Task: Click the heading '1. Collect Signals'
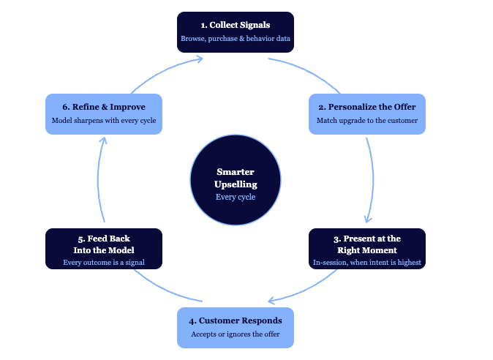(x=235, y=25)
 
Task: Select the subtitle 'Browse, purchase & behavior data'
(x=235, y=38)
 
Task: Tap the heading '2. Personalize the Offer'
(x=366, y=107)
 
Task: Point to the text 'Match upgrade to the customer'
(x=366, y=120)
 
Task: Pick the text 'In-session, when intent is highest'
(x=366, y=262)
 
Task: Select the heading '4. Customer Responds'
(x=235, y=320)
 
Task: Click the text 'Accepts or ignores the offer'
(x=235, y=334)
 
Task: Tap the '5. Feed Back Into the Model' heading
(x=103, y=244)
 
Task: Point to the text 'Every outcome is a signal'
(x=103, y=262)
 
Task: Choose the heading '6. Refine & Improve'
(x=103, y=107)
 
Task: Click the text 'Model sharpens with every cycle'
(x=103, y=120)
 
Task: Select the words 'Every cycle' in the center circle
(x=235, y=197)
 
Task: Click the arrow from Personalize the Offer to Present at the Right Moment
(x=372, y=179)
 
